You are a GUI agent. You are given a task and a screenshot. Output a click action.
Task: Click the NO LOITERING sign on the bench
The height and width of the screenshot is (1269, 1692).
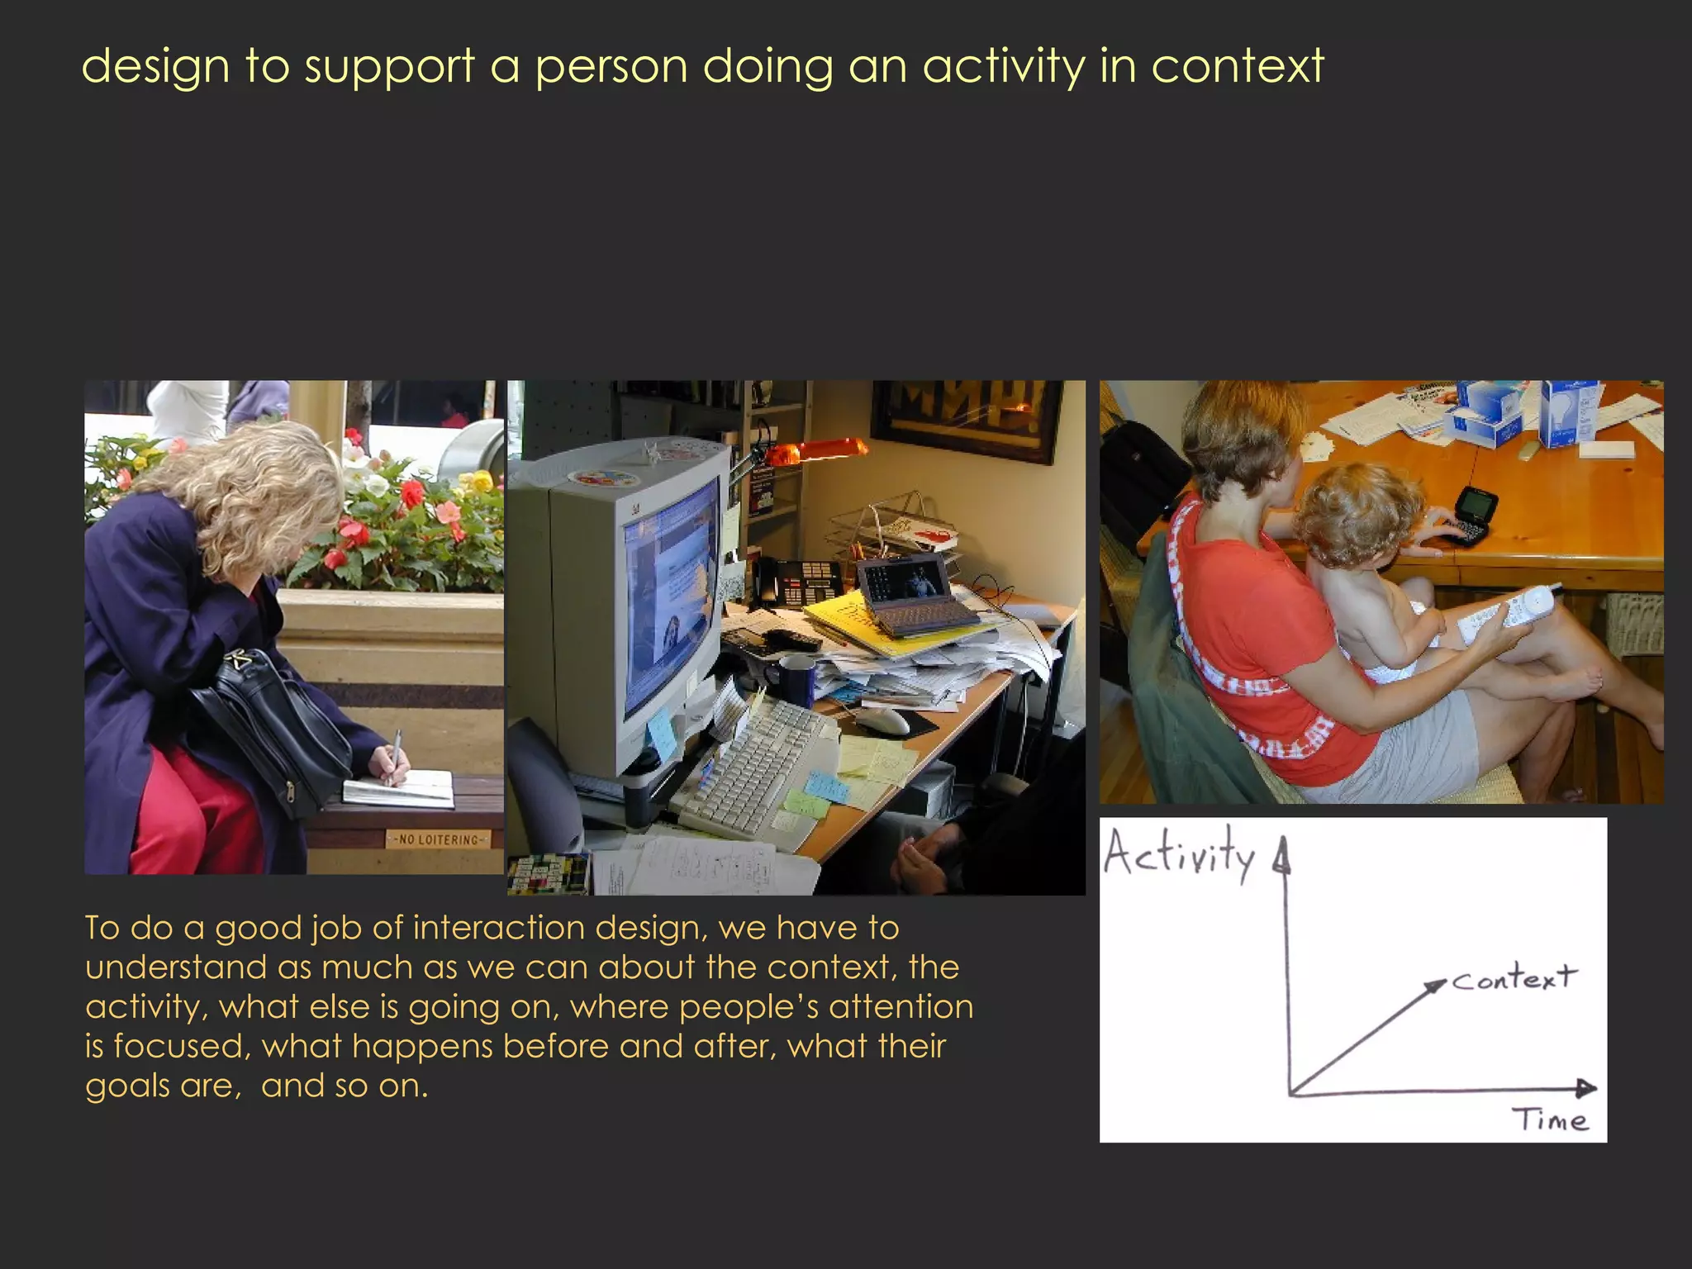click(x=439, y=839)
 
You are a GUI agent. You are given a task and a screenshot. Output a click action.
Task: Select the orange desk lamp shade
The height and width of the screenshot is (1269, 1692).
click(x=817, y=449)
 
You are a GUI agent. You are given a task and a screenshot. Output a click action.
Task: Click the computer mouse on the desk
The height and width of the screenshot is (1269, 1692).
click(x=882, y=720)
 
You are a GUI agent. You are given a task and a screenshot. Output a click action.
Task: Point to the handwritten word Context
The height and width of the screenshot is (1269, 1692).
click(x=1514, y=978)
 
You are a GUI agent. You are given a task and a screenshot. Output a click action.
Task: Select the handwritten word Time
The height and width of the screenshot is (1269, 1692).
click(x=1550, y=1120)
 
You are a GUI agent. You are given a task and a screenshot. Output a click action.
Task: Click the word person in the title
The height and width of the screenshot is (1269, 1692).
click(x=611, y=66)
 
